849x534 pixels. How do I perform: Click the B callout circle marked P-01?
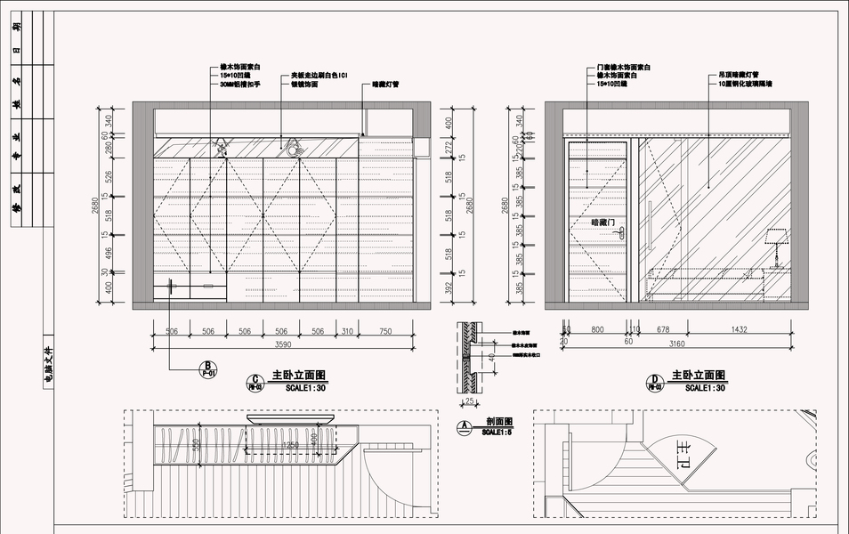[207, 369]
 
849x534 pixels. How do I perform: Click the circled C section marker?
[255, 383]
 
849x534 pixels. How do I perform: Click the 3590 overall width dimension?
[283, 344]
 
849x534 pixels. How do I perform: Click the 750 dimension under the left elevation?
[384, 330]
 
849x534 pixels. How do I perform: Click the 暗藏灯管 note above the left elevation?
[384, 85]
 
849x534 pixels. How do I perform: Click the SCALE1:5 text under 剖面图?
[494, 433]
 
